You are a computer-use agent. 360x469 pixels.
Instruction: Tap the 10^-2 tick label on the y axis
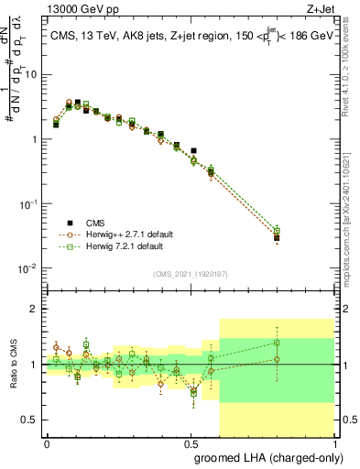[29, 268]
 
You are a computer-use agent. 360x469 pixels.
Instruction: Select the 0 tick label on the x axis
[47, 443]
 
